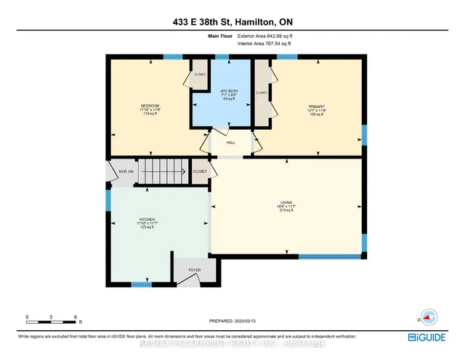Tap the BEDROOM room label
150,107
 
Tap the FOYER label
194,270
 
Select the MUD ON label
126,172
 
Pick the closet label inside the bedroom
199,75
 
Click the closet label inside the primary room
262,93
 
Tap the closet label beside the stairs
199,172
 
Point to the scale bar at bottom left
52,317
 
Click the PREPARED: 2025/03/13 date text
232,321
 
